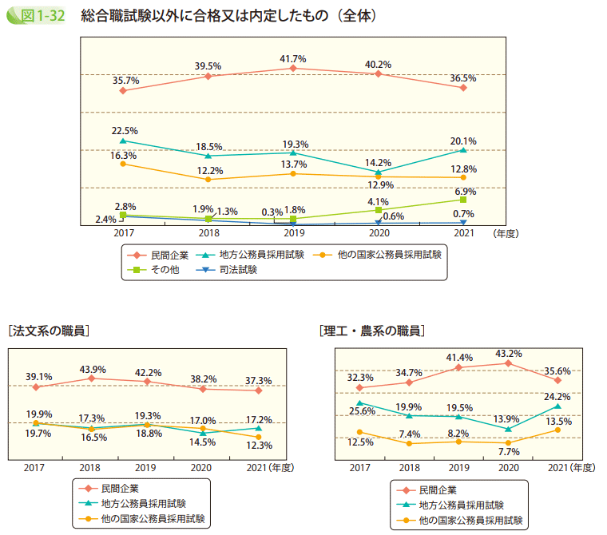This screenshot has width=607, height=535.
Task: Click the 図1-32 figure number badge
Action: coord(36,15)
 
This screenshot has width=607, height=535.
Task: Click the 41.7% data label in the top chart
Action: coord(293,59)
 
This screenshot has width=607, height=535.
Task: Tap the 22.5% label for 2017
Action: coord(125,130)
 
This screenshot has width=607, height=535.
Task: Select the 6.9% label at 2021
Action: coord(465,192)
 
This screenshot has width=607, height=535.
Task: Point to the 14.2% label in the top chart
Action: coord(378,163)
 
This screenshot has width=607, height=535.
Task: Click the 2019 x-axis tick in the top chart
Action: coord(293,233)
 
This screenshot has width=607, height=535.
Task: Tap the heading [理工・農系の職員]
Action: coord(371,330)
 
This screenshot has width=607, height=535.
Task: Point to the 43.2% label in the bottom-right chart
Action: coord(509,353)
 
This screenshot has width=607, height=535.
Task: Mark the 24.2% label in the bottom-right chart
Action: coord(557,396)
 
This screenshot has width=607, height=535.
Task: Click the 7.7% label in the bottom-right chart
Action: coord(509,451)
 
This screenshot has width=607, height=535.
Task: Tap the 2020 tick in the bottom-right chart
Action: coord(507,467)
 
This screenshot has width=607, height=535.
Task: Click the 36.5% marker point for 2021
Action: coord(463,87)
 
